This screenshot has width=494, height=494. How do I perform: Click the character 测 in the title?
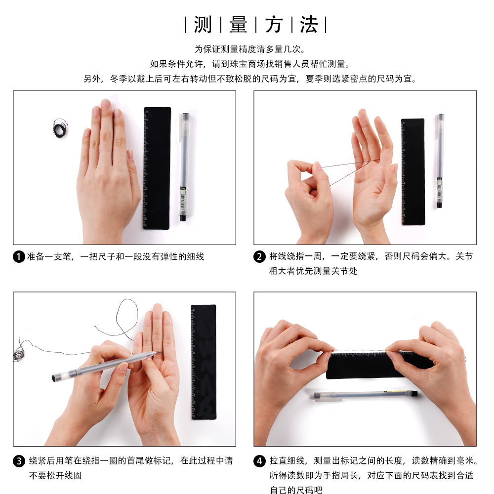(203, 25)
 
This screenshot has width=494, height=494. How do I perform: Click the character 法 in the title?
(309, 25)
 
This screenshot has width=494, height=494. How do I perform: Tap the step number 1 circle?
(19, 257)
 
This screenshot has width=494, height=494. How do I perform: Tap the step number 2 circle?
(259, 257)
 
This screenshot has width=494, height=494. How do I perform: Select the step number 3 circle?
(19, 461)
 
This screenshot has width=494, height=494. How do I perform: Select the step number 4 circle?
(259, 461)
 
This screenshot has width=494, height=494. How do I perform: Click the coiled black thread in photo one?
(60, 127)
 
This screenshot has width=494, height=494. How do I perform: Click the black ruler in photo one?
(157, 168)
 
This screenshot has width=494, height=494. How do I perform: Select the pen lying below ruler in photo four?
(366, 395)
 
